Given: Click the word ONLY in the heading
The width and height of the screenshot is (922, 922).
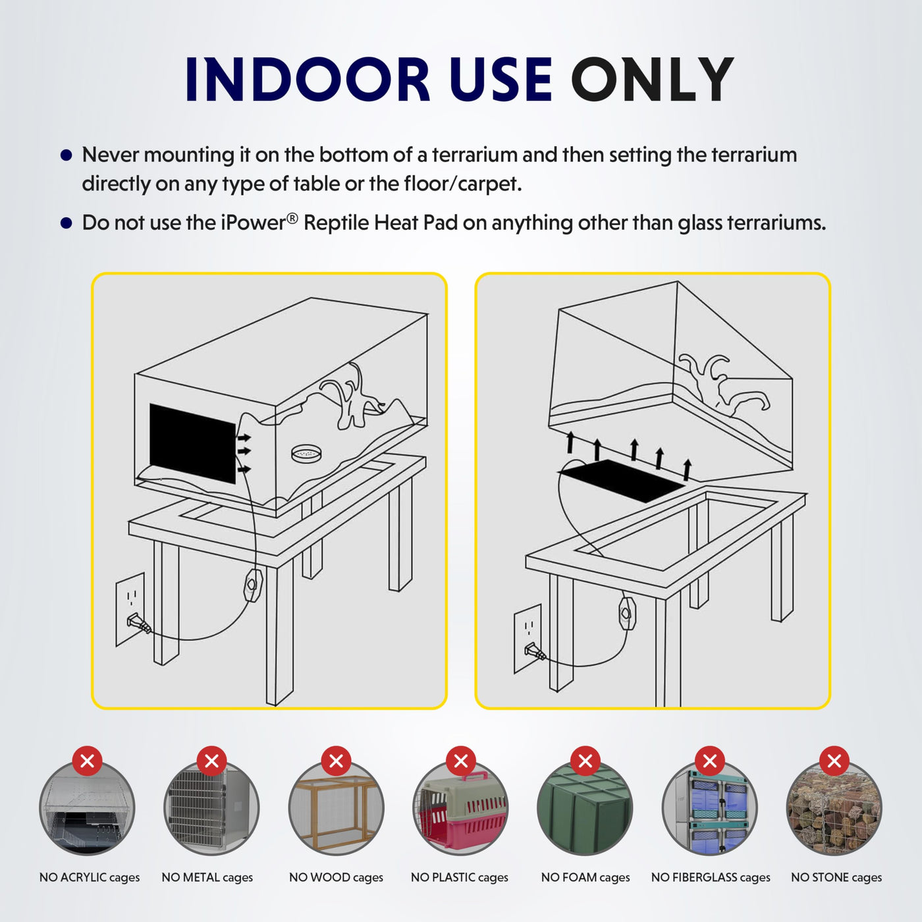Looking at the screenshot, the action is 652,79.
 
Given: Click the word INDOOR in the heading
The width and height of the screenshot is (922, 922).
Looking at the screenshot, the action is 307,79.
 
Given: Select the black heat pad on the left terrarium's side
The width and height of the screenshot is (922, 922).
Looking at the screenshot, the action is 192,443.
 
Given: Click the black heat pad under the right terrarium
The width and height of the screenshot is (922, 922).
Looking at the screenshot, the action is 622,480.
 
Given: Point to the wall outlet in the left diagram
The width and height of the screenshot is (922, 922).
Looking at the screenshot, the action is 130,609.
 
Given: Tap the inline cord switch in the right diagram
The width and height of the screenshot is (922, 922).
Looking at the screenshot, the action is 627,613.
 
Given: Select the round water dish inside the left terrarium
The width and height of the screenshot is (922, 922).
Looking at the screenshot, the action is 306,454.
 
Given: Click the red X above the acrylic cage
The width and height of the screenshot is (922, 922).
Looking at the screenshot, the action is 87,760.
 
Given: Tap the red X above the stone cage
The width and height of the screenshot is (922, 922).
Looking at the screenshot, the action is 834,760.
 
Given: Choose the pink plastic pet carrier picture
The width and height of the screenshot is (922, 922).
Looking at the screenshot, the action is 460,808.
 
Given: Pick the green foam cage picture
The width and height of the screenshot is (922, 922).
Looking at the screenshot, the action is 585,808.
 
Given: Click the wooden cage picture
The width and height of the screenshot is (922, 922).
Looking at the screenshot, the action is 337,808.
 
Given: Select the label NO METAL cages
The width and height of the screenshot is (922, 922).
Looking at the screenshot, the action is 207,877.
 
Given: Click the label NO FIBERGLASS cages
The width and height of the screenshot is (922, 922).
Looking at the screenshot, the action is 711,877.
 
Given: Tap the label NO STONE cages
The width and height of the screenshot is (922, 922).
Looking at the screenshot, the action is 836,877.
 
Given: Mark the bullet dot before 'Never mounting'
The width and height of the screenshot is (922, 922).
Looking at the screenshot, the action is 66,155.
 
